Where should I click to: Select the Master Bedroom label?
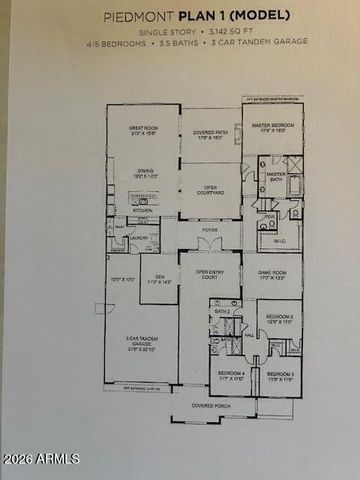[278, 126]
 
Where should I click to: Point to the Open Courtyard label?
[209, 187]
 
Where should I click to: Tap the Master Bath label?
[276, 177]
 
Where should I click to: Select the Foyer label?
[209, 230]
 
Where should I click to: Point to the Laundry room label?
[139, 237]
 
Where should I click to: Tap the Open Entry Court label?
[209, 273]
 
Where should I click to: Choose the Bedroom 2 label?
[278, 319]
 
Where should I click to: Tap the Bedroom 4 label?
[231, 376]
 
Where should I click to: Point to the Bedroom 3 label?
[281, 376]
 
